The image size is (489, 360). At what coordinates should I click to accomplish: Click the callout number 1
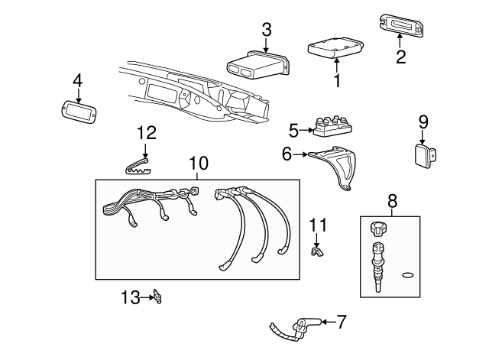coord(336,79)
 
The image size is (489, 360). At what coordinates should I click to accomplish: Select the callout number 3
coord(267,30)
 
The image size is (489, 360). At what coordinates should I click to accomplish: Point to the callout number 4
coord(77,81)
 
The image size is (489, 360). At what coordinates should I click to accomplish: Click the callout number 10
coord(198,163)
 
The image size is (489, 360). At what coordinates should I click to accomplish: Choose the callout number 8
coord(392,201)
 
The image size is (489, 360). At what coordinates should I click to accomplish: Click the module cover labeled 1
coord(334,48)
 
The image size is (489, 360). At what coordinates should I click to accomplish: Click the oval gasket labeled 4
coord(77,110)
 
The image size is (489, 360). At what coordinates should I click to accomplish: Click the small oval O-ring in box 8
coord(407,274)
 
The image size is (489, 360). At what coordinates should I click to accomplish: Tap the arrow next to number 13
coord(147,295)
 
